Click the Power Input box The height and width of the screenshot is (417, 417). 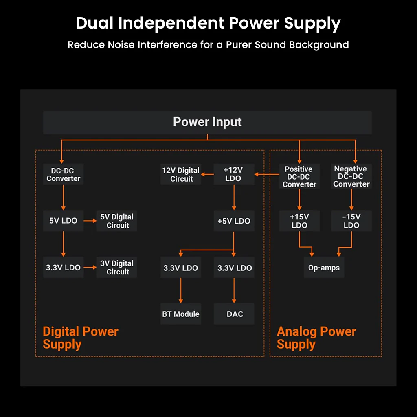pos(207,122)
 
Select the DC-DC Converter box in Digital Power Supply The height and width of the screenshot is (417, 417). pos(63,174)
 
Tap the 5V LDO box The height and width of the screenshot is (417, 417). pos(63,221)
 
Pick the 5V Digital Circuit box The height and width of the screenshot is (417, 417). pos(116,221)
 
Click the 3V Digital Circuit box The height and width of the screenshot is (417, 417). pos(116,267)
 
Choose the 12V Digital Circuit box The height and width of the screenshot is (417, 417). pos(180,174)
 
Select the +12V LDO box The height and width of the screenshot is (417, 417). pos(234,174)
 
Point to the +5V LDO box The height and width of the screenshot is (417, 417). pos(234,221)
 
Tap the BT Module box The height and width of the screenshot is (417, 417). pos(180,314)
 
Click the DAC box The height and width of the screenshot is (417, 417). pos(234,314)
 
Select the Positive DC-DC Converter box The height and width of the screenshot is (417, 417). pos(299,176)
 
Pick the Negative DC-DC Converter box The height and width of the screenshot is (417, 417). pos(351,176)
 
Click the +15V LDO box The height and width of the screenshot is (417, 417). pos(299,221)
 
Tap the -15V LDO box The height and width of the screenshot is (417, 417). pos(351,221)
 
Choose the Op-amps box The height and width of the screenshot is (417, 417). pos(324,267)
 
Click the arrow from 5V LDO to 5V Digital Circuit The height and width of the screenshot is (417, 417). pos(90,221)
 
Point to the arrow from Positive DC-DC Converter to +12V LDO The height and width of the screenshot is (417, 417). pos(267,174)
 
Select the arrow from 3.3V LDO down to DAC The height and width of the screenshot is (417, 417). pos(234,290)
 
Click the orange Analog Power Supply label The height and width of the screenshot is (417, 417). pos(316,338)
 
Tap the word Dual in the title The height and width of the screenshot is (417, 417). pos(94,23)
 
